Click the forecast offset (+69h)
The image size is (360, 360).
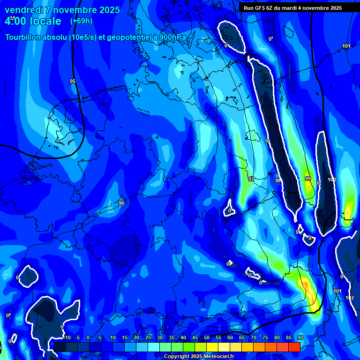(81, 21)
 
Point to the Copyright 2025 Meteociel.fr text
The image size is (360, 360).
(198, 357)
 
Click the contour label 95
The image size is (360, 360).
(73, 81)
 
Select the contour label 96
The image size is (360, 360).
(121, 203)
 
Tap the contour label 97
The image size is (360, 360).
(251, 179)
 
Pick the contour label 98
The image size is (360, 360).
(278, 180)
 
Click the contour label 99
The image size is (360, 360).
(308, 179)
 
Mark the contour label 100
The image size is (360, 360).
(332, 180)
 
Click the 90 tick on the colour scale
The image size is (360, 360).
(300, 337)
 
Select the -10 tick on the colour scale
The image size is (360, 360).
(67, 337)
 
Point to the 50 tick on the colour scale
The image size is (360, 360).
(207, 337)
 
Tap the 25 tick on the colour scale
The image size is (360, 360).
(148, 337)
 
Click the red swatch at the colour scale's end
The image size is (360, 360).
(294, 346)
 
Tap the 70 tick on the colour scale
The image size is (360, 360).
(254, 337)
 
